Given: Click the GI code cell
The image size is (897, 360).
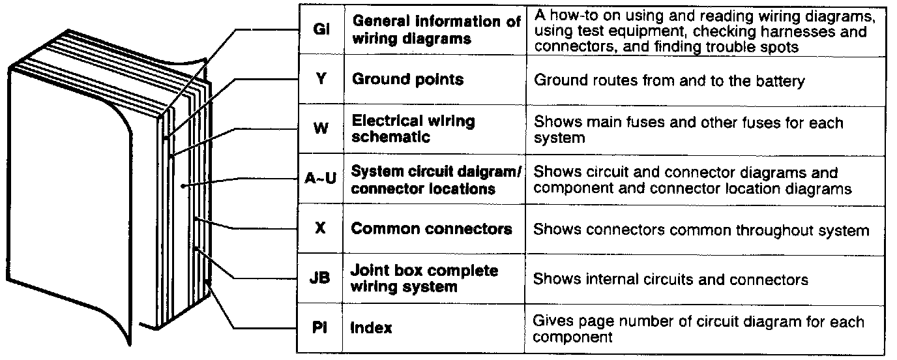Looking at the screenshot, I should (321, 30).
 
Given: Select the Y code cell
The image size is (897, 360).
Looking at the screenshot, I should (321, 80).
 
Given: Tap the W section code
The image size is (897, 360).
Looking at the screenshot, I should (321, 128).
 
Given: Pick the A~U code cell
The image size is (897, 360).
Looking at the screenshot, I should (321, 179).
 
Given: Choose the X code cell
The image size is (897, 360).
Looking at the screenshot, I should (321, 229).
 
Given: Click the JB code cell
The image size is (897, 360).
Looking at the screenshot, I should (321, 278).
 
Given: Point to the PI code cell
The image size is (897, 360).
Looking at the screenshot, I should (321, 327).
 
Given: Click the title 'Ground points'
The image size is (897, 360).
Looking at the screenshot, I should (407, 80).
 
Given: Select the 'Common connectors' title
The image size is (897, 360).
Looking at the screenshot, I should (432, 229).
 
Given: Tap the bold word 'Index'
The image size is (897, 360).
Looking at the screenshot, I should (372, 327).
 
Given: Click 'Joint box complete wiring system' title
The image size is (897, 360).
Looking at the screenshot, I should (424, 278).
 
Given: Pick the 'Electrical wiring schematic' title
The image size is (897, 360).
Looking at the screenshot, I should (413, 128).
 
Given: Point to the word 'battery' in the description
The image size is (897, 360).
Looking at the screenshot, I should (780, 81).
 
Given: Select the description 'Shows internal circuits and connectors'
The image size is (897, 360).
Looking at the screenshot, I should (671, 279).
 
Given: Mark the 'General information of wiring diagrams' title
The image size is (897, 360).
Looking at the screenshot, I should (436, 30).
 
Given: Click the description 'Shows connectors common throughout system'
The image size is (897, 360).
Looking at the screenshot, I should (701, 230).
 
